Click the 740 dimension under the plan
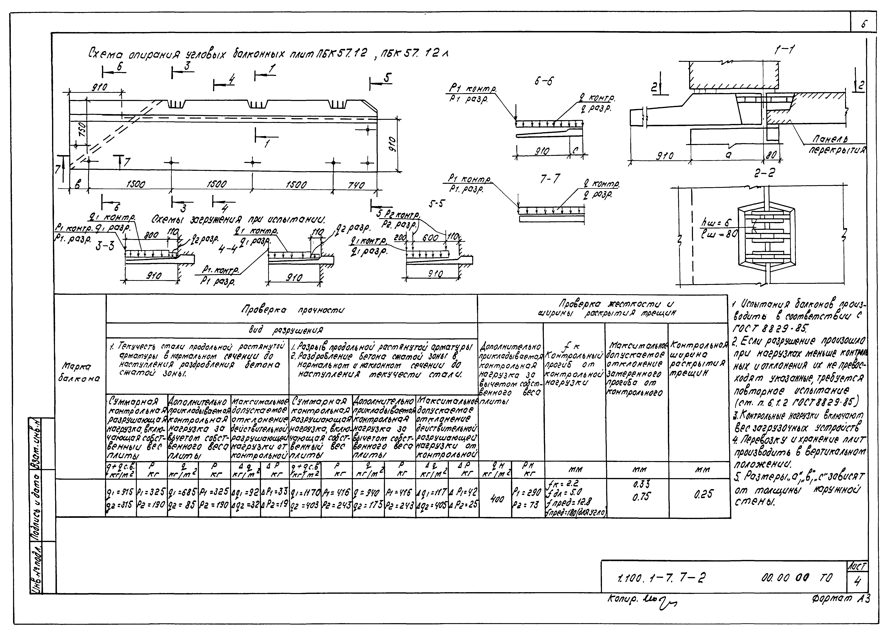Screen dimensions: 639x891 [356, 185]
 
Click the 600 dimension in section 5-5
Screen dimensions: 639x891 [431, 238]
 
